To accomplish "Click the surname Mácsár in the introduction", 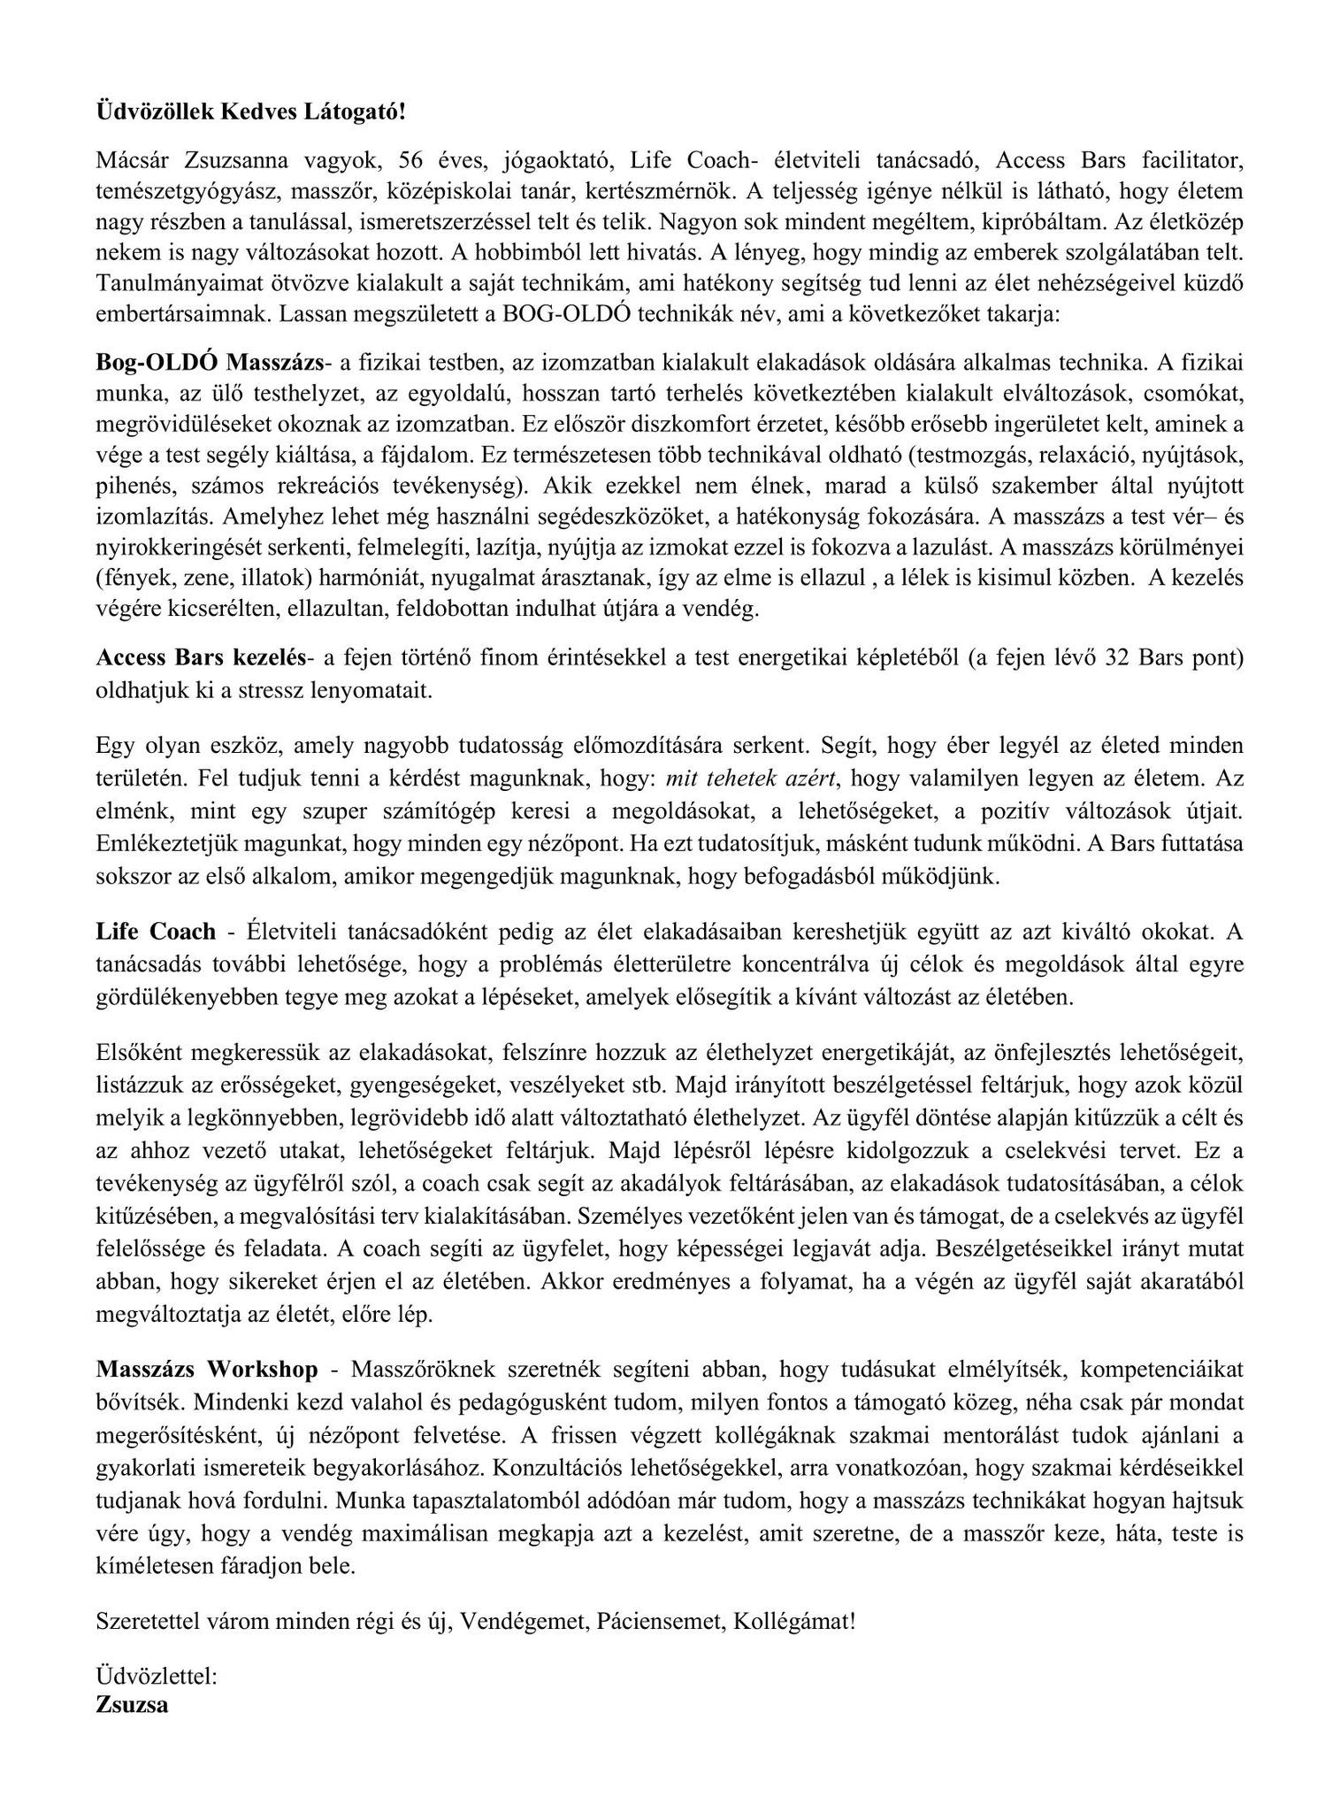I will point(129,160).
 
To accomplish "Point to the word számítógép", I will point(445,810).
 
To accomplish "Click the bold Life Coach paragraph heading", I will point(156,932).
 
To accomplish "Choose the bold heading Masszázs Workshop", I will point(207,1369).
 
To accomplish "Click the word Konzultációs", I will point(557,1463).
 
